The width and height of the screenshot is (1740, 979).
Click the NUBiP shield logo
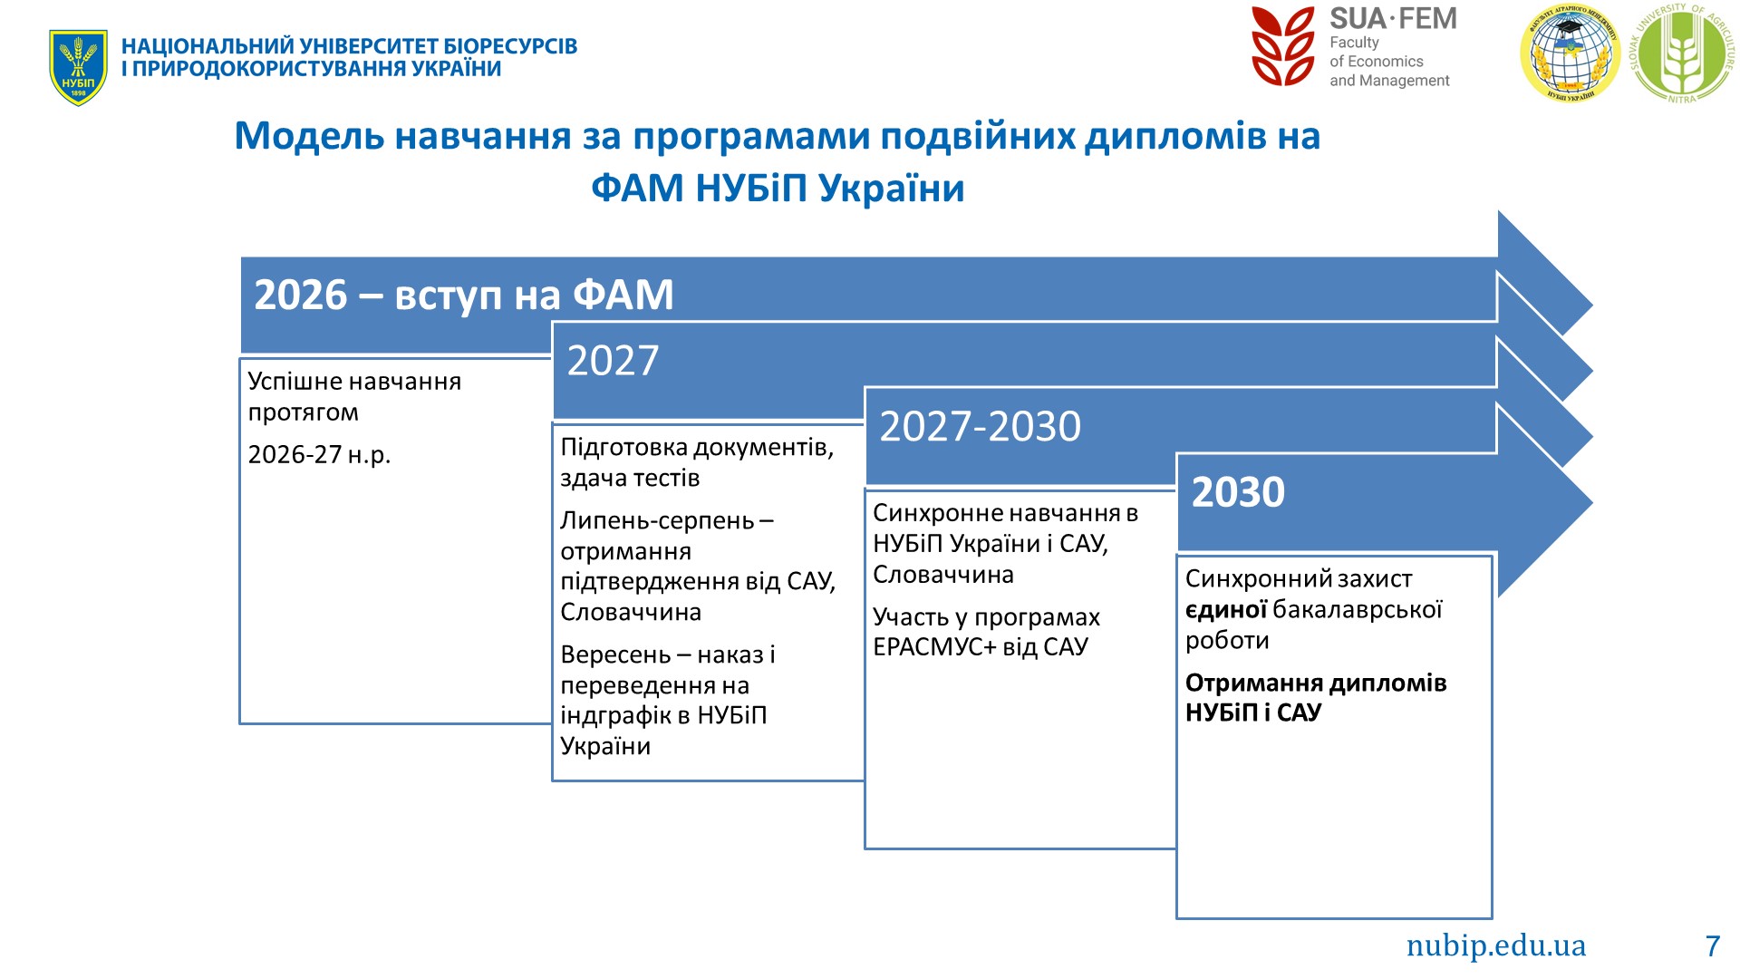pos(78,68)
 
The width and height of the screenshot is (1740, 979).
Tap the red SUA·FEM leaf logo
pos(1282,46)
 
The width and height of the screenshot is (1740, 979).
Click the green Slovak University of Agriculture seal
pos(1682,53)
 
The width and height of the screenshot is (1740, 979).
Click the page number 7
pos(1712,945)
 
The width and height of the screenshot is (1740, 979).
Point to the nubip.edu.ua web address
pos(1496,945)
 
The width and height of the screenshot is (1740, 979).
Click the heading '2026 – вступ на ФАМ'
pos(464,295)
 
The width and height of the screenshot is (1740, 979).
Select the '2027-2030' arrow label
pos(981,426)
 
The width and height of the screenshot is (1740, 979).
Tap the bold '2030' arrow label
pos(1238,491)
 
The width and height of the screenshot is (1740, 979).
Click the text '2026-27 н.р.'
pos(319,454)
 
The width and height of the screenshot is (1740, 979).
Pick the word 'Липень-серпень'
pos(657,520)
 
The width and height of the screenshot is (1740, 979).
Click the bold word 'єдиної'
pos(1226,609)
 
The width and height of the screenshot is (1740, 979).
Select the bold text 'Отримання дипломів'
pos(1316,683)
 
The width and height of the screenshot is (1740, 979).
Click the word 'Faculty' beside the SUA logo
pos(1354,43)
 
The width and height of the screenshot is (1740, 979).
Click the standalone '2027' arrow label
pos(613,360)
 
